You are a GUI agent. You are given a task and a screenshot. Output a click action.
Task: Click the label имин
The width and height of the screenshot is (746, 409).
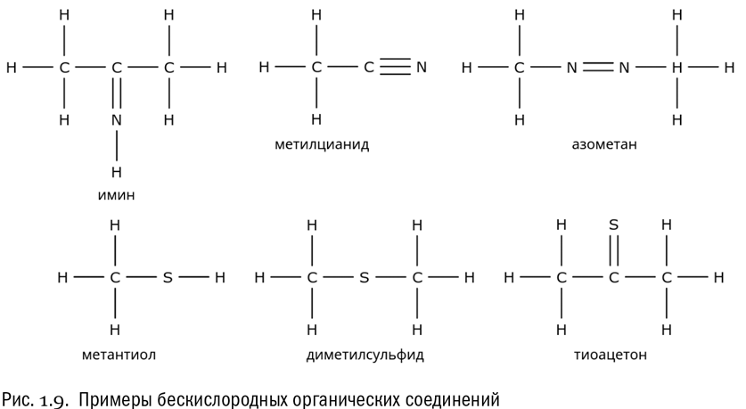[x=116, y=195]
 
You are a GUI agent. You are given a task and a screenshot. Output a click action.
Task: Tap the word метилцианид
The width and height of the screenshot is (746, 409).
[x=322, y=144]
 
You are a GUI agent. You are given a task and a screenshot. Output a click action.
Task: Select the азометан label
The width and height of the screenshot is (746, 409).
[x=604, y=144]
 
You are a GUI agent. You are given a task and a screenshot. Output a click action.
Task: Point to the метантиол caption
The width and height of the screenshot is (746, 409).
[x=119, y=355]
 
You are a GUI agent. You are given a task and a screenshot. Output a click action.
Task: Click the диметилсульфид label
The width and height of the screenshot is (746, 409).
[x=365, y=355]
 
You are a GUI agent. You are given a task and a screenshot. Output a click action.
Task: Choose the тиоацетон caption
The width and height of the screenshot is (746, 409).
[x=611, y=355]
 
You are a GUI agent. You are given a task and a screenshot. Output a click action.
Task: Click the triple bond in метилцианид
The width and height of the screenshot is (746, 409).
[x=395, y=67]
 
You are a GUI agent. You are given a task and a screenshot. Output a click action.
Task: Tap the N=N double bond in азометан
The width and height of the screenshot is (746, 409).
[x=598, y=68]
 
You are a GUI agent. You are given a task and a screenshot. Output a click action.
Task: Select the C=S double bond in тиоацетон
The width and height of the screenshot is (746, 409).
[x=614, y=250]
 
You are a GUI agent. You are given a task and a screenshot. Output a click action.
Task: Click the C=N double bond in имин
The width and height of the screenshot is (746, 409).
[x=117, y=94]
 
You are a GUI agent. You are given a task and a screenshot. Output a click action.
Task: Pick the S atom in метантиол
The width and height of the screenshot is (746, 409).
[x=168, y=277]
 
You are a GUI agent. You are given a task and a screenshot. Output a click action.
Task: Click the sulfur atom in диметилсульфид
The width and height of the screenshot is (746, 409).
[x=365, y=277]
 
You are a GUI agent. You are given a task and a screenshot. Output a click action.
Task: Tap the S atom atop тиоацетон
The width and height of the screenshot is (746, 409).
[x=614, y=225]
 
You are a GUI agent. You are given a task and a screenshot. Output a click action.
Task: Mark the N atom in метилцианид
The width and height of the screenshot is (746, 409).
[x=421, y=68]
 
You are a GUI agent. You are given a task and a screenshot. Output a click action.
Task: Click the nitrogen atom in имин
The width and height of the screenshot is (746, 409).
[x=117, y=119]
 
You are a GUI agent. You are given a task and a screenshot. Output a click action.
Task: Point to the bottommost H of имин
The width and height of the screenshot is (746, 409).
[x=117, y=172]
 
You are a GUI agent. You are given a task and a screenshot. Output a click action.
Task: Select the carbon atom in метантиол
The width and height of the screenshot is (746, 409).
[x=115, y=277]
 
